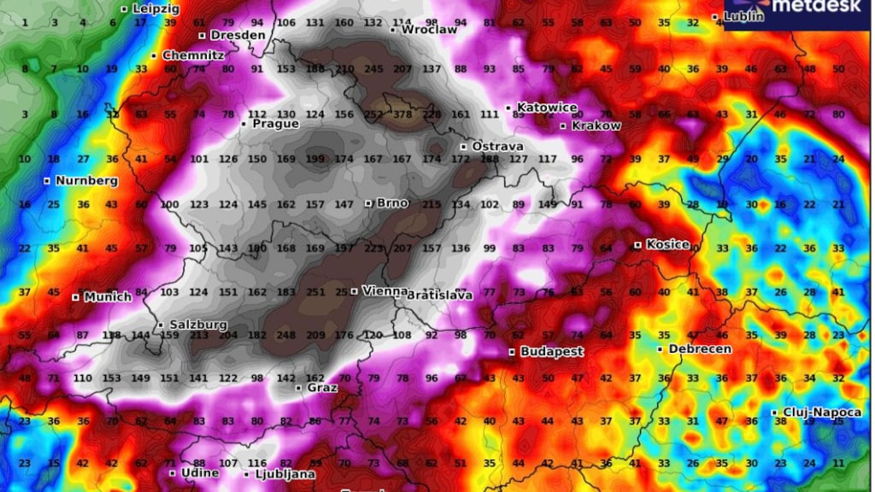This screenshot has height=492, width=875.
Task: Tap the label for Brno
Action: click(x=391, y=203)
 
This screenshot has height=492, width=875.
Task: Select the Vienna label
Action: click(x=385, y=290)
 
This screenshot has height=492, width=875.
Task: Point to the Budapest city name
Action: click(x=551, y=352)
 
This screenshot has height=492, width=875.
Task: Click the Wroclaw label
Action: click(x=429, y=29)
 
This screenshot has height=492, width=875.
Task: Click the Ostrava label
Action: click(x=496, y=146)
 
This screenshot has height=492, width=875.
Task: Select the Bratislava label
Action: click(x=440, y=296)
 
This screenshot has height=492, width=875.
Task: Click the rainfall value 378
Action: click(x=402, y=114)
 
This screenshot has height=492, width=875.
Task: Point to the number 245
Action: click(x=373, y=69)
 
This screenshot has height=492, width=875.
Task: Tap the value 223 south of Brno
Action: click(x=373, y=249)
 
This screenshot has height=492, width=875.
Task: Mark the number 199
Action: click(x=316, y=159)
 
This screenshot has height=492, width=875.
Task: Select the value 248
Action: click(x=286, y=335)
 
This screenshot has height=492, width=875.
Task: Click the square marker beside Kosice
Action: click(x=637, y=245)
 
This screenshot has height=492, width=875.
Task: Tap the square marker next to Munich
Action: click(x=75, y=297)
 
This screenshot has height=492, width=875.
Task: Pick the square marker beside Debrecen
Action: click(x=661, y=349)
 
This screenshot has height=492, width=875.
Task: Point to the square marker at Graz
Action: click(x=298, y=388)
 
